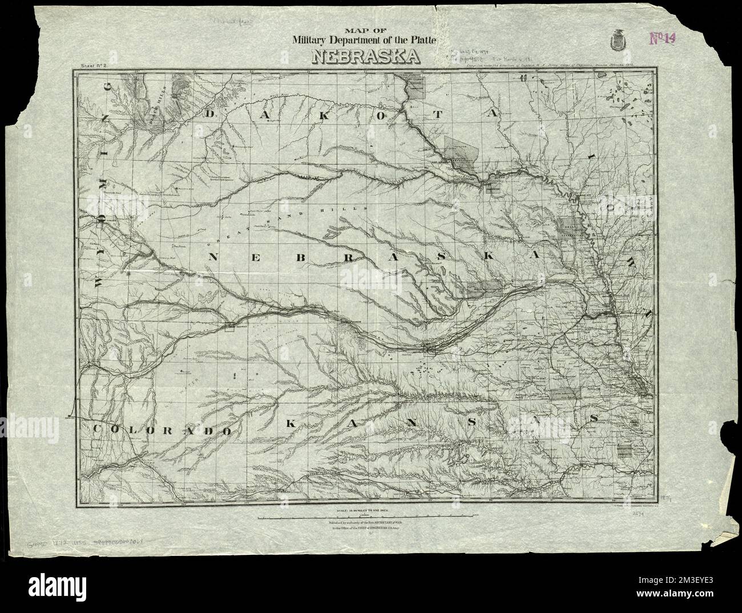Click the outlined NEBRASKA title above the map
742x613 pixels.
tap(365, 57)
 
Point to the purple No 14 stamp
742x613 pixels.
tap(663, 38)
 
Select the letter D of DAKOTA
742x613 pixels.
tap(211, 115)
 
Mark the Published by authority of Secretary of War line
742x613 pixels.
tap(365, 523)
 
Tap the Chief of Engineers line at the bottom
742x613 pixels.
tap(365, 531)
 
